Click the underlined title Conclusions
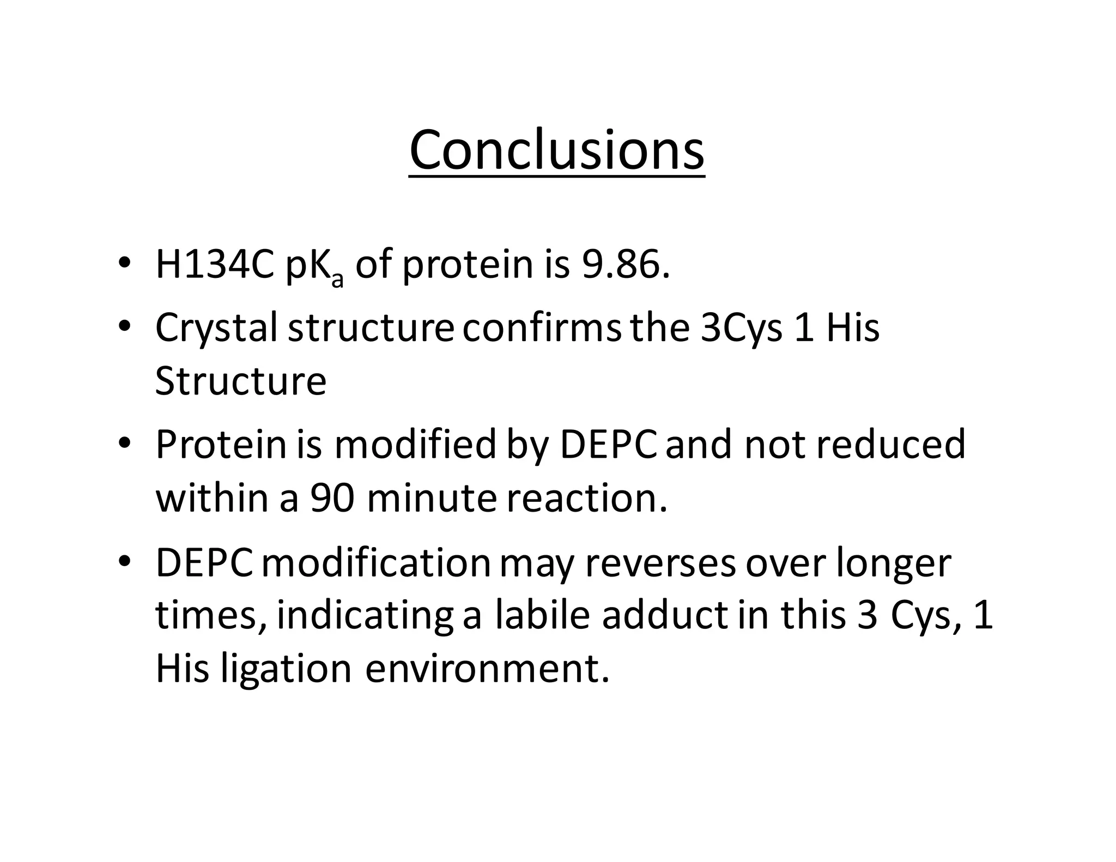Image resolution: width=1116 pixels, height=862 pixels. click(556, 150)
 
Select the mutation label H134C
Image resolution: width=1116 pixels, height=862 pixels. click(215, 265)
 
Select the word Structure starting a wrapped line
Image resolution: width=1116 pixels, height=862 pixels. click(241, 381)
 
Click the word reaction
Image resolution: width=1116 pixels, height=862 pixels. click(586, 498)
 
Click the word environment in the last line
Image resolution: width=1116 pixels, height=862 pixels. click(486, 669)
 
